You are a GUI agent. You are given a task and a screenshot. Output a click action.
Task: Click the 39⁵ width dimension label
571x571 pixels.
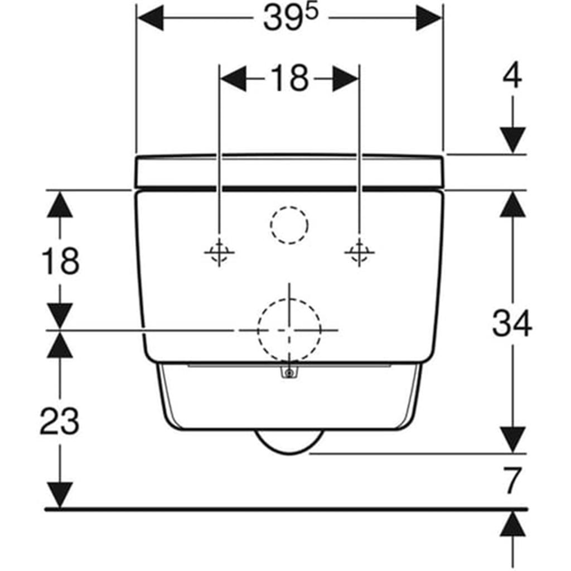[290, 17]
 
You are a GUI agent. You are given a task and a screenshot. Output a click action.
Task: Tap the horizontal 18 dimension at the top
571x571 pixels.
[290, 78]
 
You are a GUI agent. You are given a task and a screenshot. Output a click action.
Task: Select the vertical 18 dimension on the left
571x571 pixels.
[60, 261]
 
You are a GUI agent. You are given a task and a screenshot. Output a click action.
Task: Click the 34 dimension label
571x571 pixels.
[512, 323]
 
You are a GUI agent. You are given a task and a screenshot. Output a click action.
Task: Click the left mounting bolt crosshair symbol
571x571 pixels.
[219, 252]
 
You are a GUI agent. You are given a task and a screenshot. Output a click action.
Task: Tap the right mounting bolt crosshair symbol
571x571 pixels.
[360, 252]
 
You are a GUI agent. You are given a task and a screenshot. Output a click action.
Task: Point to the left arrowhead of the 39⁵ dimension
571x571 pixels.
[150, 17]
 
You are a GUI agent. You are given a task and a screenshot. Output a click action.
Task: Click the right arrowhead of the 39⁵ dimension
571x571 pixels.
[429, 17]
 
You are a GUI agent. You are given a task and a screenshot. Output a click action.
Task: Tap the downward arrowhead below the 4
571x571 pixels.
[512, 140]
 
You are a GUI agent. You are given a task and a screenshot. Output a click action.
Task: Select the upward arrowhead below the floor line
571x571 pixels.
[513, 523]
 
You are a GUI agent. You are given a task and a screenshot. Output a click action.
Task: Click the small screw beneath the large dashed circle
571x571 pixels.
[289, 373]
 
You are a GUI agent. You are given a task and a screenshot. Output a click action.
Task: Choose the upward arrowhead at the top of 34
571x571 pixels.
[512, 204]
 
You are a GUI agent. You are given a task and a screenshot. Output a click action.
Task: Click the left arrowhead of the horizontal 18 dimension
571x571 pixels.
[234, 78]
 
